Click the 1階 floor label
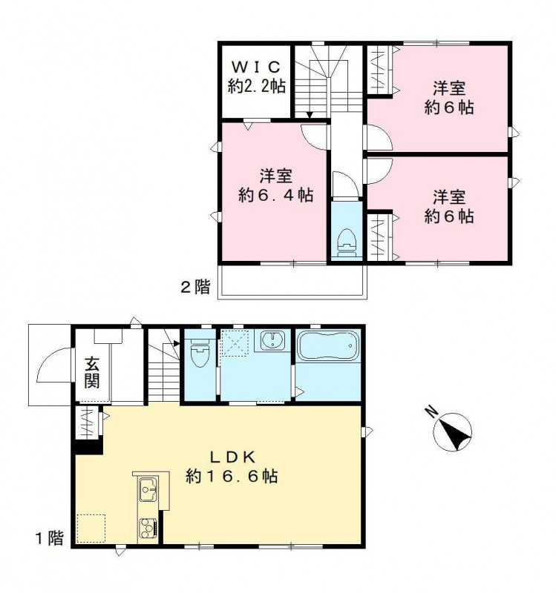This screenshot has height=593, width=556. [50, 537]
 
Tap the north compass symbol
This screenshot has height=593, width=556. [454, 432]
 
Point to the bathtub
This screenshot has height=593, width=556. [327, 347]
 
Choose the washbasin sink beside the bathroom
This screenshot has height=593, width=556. [273, 342]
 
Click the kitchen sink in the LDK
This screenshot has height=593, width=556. [147, 489]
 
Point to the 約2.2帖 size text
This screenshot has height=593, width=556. [255, 86]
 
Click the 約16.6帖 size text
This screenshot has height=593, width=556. [232, 476]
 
